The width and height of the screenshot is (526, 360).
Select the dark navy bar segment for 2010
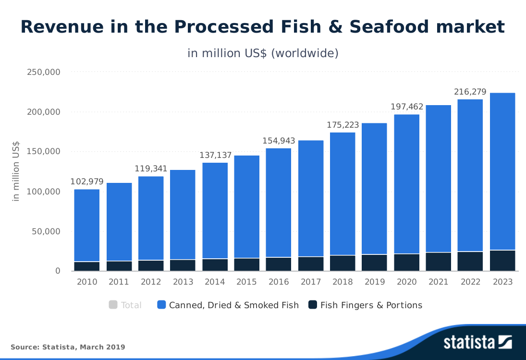(x=87, y=266)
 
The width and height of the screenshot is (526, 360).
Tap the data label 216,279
(x=470, y=92)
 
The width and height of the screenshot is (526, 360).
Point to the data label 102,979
(x=87, y=182)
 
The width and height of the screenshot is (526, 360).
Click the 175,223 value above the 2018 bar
(x=343, y=125)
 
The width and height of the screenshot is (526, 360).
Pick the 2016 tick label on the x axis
(x=279, y=282)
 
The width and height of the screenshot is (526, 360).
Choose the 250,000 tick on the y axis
(x=43, y=72)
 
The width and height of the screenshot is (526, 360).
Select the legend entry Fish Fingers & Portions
(x=371, y=305)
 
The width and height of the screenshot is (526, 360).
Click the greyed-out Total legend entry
(x=131, y=305)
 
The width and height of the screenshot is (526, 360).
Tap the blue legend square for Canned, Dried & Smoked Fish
(x=161, y=304)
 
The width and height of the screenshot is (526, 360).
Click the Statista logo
(x=477, y=343)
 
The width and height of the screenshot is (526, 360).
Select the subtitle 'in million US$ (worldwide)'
(x=263, y=53)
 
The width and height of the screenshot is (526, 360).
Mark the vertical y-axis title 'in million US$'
(x=16, y=171)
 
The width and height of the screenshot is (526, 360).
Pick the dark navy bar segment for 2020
(x=407, y=262)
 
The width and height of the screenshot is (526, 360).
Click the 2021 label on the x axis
(x=439, y=282)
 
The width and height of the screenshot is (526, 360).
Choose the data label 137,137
(x=216, y=156)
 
